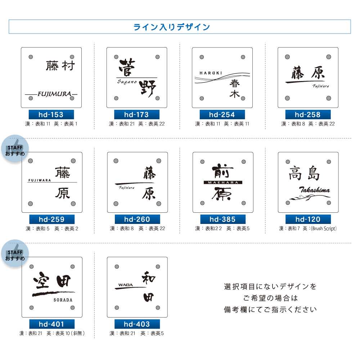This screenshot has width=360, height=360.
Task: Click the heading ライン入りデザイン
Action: click(x=172, y=27)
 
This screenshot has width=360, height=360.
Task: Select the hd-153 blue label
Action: click(x=51, y=115)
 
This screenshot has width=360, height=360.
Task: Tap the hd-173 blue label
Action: click(x=136, y=115)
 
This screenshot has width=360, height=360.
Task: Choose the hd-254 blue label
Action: click(x=222, y=115)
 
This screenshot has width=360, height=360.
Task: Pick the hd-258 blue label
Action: click(x=307, y=115)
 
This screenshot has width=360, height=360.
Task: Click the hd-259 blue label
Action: click(x=51, y=219)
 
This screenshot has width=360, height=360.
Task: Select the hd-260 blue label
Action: click(x=137, y=219)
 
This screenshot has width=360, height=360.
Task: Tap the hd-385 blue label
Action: click(x=222, y=219)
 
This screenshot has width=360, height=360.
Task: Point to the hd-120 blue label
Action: click(x=308, y=219)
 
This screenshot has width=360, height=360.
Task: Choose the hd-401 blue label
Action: click(x=51, y=324)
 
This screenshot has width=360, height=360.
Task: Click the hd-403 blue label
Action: click(x=137, y=324)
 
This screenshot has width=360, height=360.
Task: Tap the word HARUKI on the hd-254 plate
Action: click(x=211, y=73)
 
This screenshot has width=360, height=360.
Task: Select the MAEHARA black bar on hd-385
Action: click(x=223, y=183)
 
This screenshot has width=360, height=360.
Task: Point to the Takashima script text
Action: click(x=314, y=190)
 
